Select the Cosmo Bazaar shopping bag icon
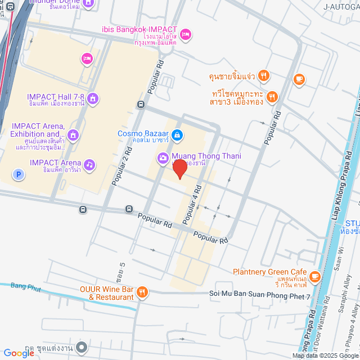tap(177, 134)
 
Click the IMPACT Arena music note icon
tap(89, 164)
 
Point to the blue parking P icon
tap(20, 175)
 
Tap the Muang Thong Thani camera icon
tap(163, 157)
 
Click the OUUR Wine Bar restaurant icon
tap(142, 292)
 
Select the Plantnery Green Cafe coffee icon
tap(314, 276)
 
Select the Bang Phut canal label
tap(26, 287)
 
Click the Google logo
tap(19, 353)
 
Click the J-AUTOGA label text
tap(341, 7)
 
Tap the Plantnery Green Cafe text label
tap(269, 272)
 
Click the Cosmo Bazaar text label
tap(143, 134)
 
